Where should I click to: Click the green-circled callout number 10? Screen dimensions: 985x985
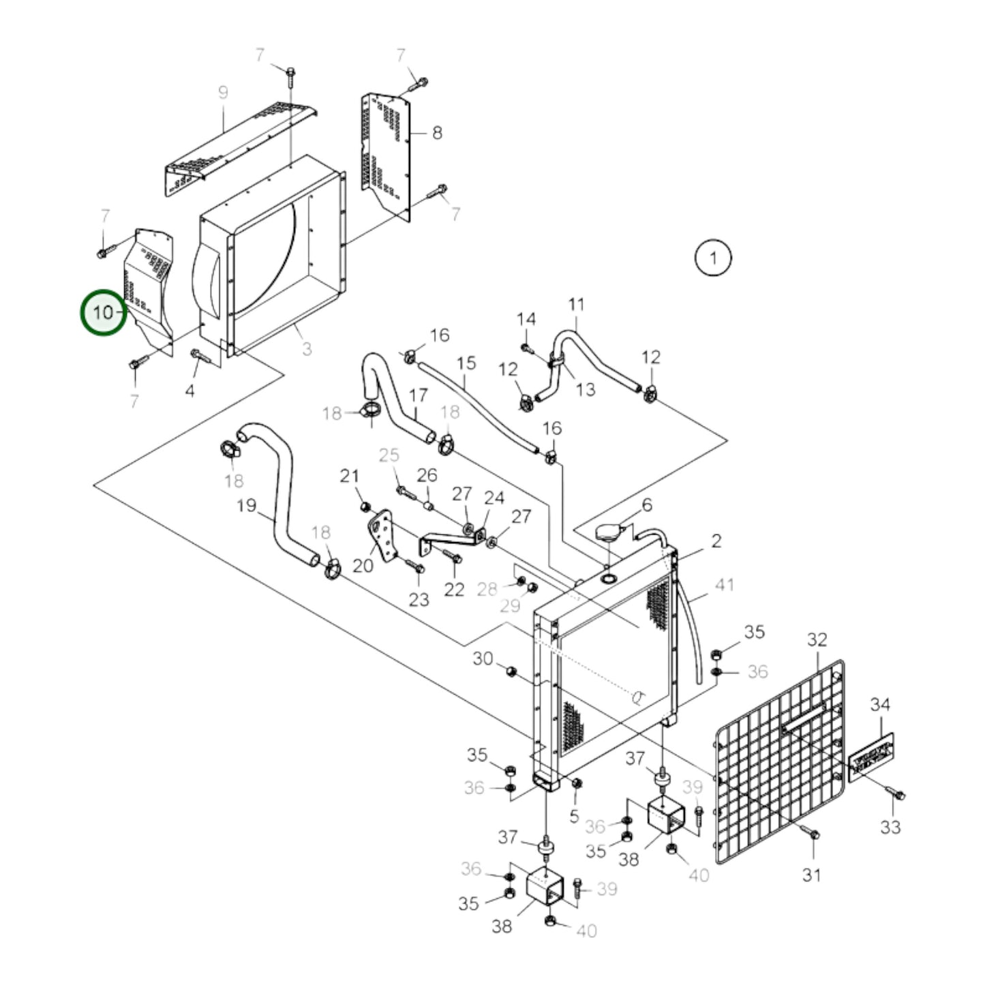tap(104, 313)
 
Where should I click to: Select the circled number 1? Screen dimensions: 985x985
tap(712, 258)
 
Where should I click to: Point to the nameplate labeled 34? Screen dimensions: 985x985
tap(871, 757)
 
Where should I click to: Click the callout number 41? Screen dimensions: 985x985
tap(724, 585)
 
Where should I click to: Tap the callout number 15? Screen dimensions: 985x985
tap(466, 363)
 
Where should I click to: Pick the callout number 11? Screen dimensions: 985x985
tap(577, 304)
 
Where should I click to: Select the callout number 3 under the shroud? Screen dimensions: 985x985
tap(307, 349)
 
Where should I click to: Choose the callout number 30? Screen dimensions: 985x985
tap(483, 659)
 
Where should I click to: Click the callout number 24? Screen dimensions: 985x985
tap(494, 498)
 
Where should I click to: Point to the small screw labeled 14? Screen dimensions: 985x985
tap(526, 348)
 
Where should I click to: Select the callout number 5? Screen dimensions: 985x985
tap(574, 816)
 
